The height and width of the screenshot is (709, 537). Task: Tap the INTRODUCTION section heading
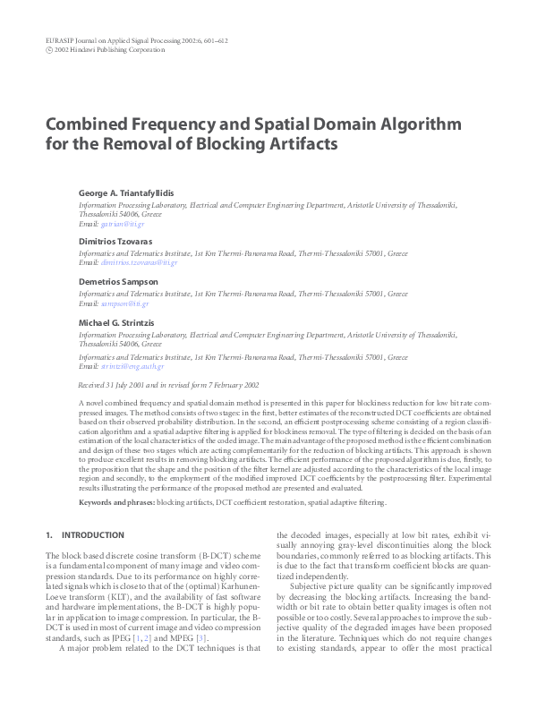click(x=93, y=534)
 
